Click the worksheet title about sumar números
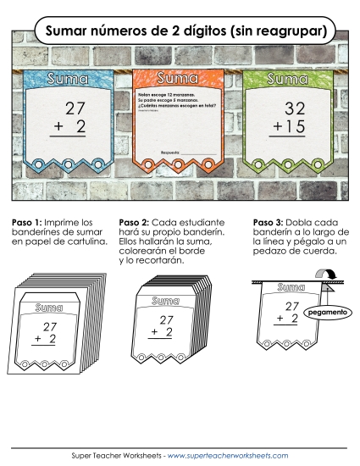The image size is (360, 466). tap(180, 31)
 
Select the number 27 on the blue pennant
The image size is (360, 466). tap(75, 108)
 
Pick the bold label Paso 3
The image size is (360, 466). tap(268, 223)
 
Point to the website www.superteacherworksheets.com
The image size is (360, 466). tap(228, 455)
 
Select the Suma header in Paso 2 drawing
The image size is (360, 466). tap(166, 302)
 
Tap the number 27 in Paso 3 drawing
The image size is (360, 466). tap(292, 305)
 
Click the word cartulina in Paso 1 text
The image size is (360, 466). tap(88, 242)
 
